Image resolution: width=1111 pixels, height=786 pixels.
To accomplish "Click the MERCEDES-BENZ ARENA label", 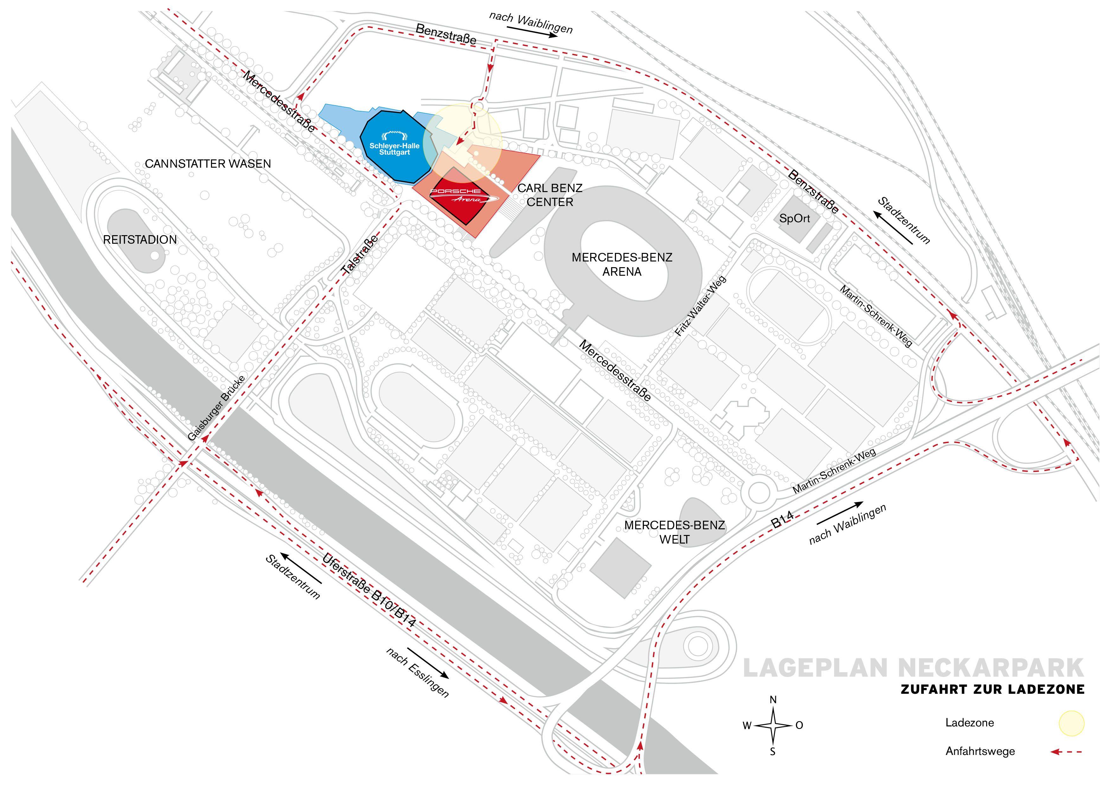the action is [622, 264].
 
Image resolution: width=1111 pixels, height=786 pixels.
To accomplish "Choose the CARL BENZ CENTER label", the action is [550, 195].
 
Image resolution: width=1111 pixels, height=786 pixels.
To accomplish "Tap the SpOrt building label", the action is [794, 218].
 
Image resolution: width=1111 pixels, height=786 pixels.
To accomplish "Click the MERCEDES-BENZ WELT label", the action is [674, 532].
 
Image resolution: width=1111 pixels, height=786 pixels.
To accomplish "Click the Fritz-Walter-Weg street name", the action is [700, 306].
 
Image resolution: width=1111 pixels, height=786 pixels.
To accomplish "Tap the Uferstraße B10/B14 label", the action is [369, 590].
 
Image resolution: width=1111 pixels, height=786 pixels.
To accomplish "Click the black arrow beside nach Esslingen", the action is [428, 663].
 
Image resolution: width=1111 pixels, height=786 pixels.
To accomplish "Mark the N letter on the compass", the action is [773, 700].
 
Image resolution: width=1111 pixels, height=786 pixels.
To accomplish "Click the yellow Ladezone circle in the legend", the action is [1071, 723].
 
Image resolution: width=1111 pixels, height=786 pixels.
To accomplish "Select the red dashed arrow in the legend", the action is [1066, 752].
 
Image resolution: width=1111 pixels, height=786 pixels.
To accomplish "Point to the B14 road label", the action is [782, 520].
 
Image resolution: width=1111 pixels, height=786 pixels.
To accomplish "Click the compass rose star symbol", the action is [773, 725].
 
